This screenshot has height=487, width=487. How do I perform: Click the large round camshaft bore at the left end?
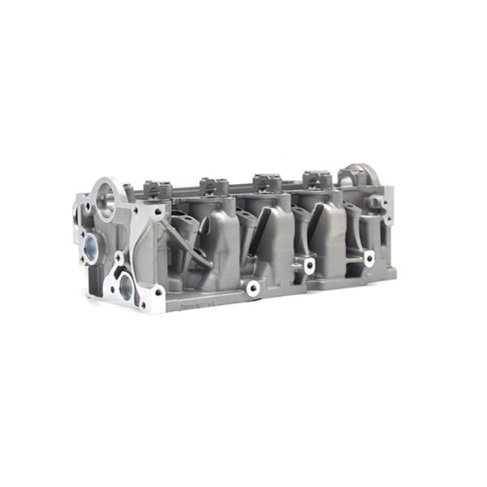tap(106, 194)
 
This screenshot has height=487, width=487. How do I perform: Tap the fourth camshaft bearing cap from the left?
tap(315, 176)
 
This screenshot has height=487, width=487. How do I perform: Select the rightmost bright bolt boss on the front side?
tap(369, 258)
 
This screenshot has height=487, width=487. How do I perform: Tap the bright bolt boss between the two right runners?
tap(309, 265)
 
